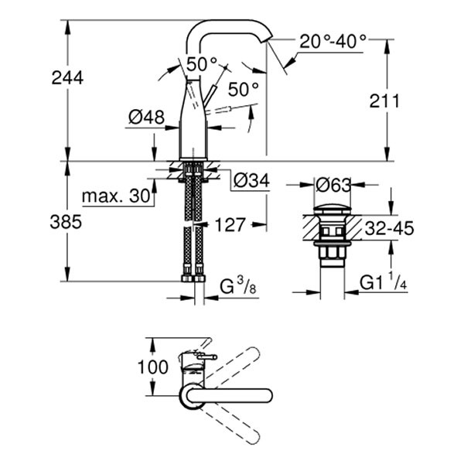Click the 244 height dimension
68,77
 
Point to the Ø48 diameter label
147,118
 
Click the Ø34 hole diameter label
250,181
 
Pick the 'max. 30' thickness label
116,196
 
